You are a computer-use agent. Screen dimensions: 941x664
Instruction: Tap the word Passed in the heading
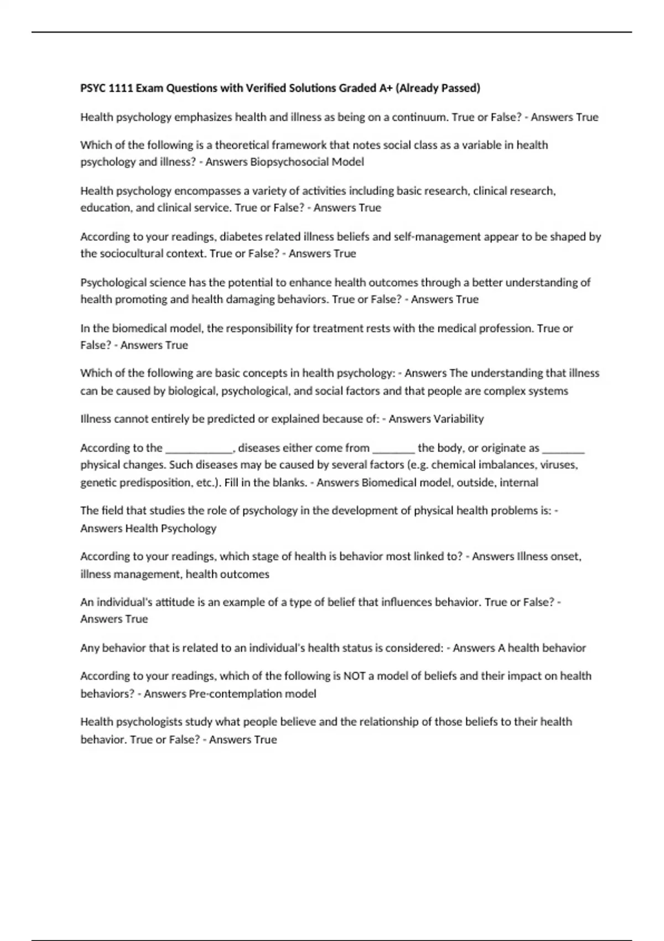tap(462, 88)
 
